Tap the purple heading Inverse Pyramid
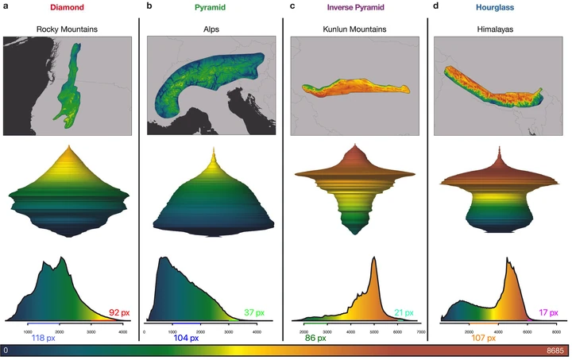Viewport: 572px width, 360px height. (354, 7)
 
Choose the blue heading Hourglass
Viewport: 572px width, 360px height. (497, 7)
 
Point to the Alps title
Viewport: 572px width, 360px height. (211, 29)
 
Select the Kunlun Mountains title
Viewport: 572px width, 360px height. (354, 29)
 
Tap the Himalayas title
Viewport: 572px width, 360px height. (497, 29)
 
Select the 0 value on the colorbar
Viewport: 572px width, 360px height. (6, 350)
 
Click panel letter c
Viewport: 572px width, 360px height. (293, 6)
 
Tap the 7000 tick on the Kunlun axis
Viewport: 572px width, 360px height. (422, 330)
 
